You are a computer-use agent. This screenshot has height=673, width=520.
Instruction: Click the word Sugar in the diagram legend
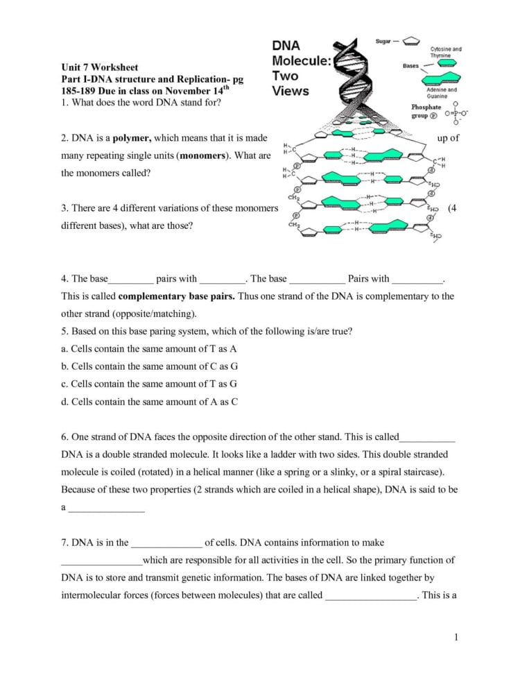383,42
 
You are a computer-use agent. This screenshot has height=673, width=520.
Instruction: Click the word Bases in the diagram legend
410,66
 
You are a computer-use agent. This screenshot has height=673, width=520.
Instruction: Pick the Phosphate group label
426,111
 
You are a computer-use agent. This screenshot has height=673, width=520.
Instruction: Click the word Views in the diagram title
291,91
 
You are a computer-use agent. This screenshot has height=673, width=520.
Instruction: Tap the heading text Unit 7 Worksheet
99,67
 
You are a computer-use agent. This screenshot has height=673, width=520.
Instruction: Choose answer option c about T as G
149,383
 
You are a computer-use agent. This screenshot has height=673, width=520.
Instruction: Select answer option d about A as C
149,400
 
